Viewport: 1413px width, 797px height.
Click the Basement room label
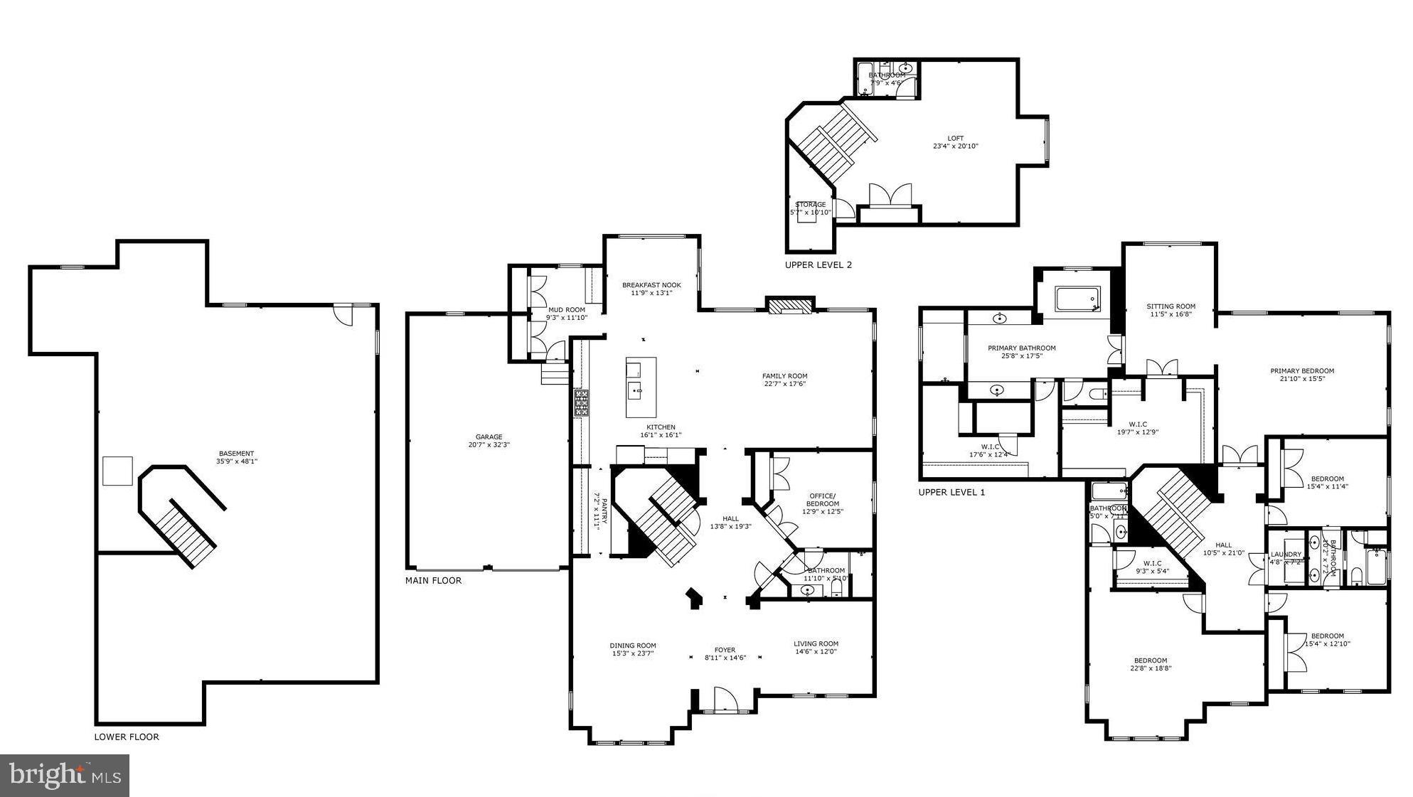tap(236, 454)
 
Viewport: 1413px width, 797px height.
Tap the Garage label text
tap(489, 437)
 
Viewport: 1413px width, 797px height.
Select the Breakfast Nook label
tap(651, 285)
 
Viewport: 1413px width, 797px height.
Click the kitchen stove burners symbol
tap(582, 402)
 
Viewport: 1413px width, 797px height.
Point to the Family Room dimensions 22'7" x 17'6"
tap(784, 384)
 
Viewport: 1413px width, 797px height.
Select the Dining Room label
tap(633, 646)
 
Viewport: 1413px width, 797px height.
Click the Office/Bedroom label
tap(822, 500)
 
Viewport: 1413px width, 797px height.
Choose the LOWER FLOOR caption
tap(127, 737)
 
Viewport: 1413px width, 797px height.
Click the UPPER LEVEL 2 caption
tap(818, 264)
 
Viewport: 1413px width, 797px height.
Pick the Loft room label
tap(955, 139)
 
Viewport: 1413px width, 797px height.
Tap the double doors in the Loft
tap(890, 196)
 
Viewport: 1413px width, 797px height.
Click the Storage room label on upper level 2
tap(811, 205)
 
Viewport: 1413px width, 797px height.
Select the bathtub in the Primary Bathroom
tap(1077, 299)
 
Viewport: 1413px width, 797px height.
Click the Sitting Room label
tap(1171, 306)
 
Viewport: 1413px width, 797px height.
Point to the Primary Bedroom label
tap(1302, 370)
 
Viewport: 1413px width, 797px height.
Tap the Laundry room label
tap(1286, 555)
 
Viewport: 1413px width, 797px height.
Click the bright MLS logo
tap(65, 775)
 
